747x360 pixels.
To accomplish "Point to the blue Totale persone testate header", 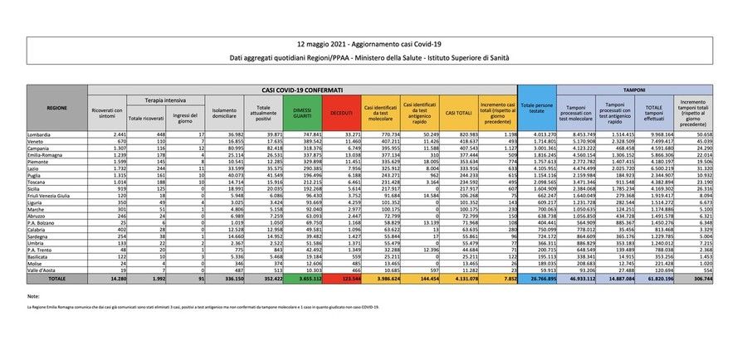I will tap(538, 108).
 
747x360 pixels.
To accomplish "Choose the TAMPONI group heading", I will tap(634, 89).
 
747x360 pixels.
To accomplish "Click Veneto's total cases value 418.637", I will tap(461, 141).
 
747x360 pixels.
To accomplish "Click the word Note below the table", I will tap(32, 296).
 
